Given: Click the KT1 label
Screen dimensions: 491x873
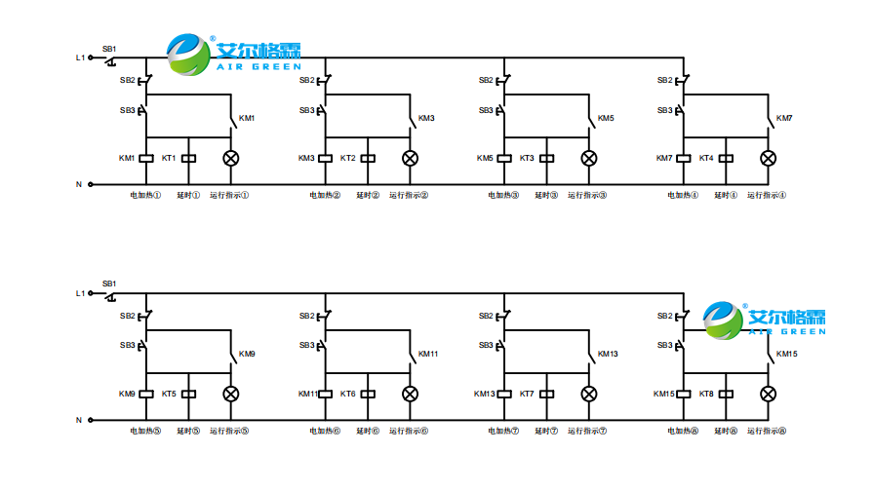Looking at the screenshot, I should (168, 158).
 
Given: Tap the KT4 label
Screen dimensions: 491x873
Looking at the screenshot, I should (705, 158).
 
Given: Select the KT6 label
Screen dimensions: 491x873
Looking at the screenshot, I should (347, 394).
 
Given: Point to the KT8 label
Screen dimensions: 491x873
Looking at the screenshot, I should (705, 394).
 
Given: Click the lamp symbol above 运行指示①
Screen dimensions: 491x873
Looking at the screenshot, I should (231, 158).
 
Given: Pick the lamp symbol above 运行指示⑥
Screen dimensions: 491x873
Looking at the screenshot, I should (410, 394).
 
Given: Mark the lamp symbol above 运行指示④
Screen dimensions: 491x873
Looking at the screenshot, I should (768, 158).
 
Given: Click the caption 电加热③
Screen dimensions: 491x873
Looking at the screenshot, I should (504, 195).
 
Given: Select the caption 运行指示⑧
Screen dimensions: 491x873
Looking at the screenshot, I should (768, 431).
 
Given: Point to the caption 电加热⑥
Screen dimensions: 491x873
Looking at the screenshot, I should (325, 431).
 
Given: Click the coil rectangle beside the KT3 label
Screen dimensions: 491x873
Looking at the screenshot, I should (546, 158).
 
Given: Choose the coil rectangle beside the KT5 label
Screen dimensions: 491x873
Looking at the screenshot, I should (189, 394).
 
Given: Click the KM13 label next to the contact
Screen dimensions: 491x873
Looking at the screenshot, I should (608, 354).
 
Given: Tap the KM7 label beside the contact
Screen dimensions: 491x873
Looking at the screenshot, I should (784, 119).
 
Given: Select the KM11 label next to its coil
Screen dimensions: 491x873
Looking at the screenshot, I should (307, 394).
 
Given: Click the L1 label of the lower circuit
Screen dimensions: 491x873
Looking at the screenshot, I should (81, 293).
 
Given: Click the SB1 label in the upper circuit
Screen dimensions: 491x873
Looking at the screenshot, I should (109, 49).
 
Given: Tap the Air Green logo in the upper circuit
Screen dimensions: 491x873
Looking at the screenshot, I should (234, 55).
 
